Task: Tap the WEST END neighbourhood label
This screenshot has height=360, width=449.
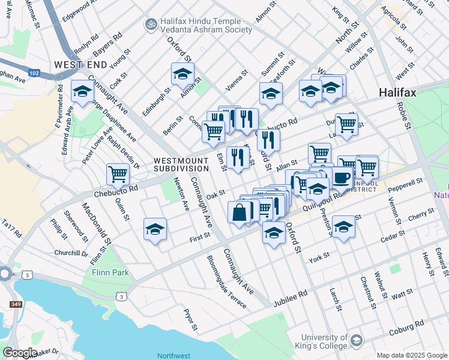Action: [80, 64]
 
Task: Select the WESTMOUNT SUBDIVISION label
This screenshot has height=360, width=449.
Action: [181, 164]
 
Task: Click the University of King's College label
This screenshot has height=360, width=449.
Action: [324, 341]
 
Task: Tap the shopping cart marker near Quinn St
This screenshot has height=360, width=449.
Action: [118, 175]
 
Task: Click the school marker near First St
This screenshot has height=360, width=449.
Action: [155, 229]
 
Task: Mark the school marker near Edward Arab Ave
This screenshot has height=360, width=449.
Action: [82, 91]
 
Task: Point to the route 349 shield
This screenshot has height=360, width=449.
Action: [16, 304]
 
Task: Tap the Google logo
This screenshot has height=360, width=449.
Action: [20, 352]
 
